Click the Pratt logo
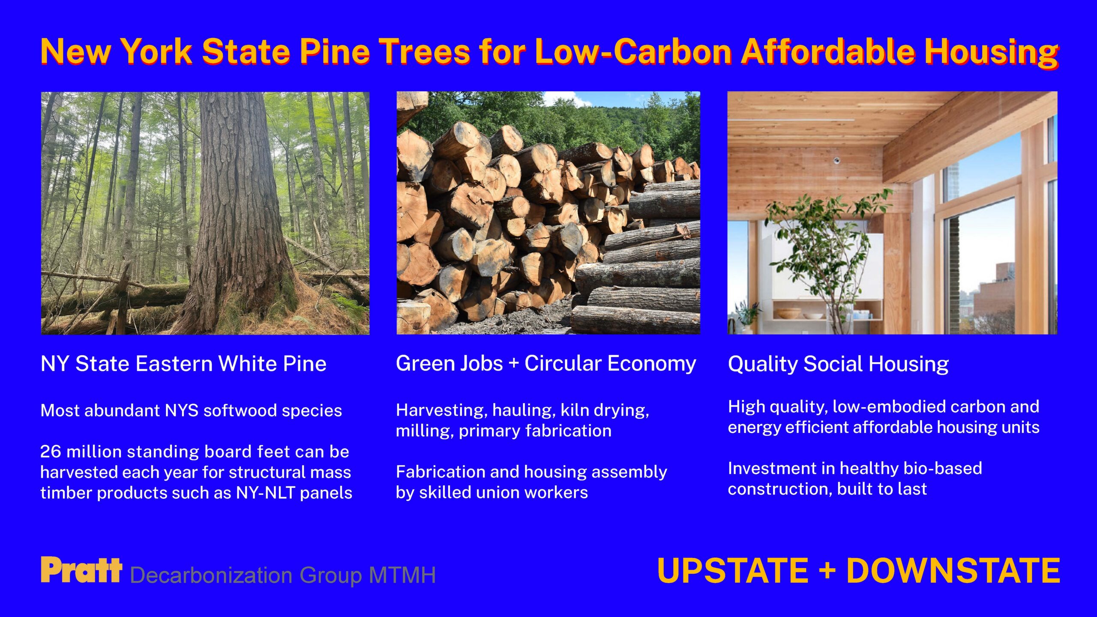coord(81,570)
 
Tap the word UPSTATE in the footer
coord(733,571)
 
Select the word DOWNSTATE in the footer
coord(953,571)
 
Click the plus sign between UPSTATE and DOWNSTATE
coord(827,571)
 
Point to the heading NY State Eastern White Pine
coord(183,364)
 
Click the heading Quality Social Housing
coord(838,364)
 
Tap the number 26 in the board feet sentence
coord(51,452)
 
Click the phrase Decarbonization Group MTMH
coord(283,575)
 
